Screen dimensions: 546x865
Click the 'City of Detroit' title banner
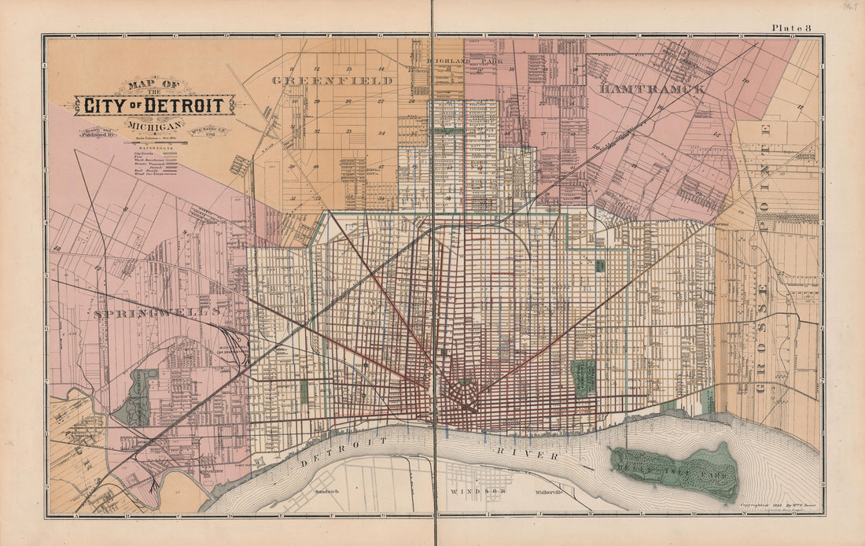point(154,105)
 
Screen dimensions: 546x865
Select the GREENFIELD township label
point(333,80)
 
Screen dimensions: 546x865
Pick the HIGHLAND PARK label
point(464,61)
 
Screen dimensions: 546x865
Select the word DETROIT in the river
point(344,452)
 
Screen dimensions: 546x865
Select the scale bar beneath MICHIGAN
point(154,138)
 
